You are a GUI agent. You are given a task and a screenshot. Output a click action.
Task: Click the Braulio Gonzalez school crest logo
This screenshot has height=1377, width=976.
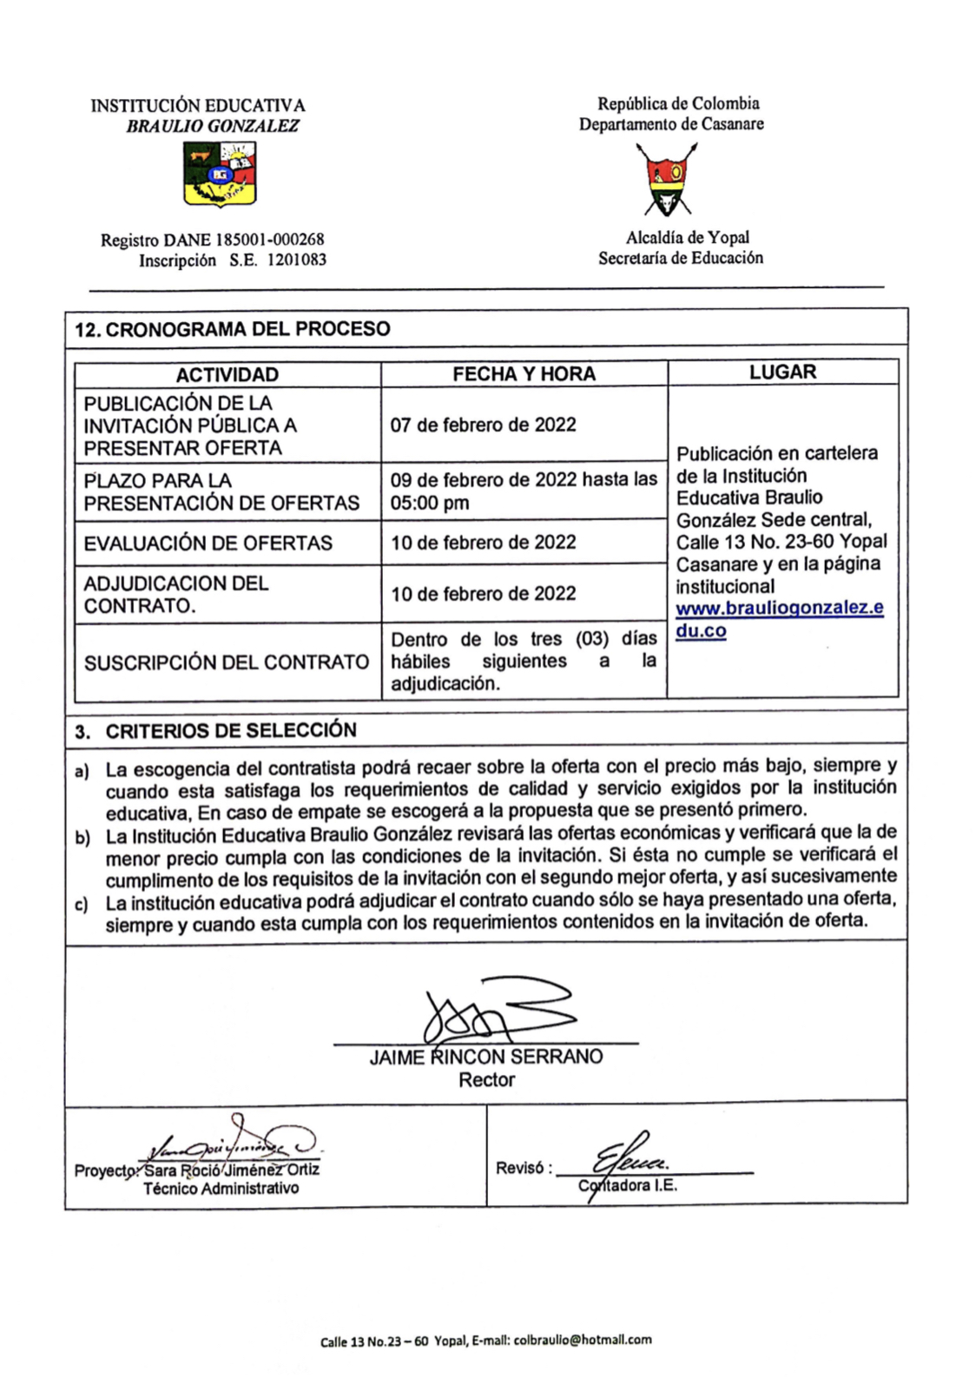pos(220,175)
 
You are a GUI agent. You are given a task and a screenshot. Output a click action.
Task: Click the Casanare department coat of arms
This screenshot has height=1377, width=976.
pos(668,180)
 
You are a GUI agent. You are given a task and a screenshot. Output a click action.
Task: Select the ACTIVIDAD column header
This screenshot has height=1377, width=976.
pos(227,375)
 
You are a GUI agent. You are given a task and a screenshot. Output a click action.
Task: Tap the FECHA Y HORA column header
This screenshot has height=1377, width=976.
pos(524,374)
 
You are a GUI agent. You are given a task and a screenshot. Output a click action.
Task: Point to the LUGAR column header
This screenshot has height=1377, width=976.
pos(782,372)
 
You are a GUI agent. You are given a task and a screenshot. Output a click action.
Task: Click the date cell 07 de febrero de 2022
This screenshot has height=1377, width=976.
pos(483,425)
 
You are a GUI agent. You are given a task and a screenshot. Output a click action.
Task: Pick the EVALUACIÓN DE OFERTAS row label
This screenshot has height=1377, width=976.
pos(208,544)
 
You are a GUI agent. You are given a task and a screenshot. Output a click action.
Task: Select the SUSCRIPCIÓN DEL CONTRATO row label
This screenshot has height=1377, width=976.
pos(227,662)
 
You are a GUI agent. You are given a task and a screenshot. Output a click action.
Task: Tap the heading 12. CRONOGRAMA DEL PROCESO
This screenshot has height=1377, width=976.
pos(233,329)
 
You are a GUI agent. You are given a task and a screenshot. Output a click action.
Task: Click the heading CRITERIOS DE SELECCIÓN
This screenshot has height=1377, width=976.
pos(231,730)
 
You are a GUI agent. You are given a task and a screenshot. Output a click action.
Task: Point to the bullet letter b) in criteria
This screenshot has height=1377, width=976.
pos(82,838)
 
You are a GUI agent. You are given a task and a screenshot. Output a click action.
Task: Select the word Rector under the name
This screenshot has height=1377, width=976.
pos(486,1080)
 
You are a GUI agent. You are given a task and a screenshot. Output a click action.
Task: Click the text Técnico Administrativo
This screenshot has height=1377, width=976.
pos(221,1189)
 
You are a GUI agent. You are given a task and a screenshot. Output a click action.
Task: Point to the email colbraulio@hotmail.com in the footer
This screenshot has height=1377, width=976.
pos(583,1340)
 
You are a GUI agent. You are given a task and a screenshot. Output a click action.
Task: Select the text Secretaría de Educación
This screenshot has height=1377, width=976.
pos(680,258)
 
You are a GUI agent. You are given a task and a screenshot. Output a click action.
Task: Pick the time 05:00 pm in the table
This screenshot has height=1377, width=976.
pos(430,503)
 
